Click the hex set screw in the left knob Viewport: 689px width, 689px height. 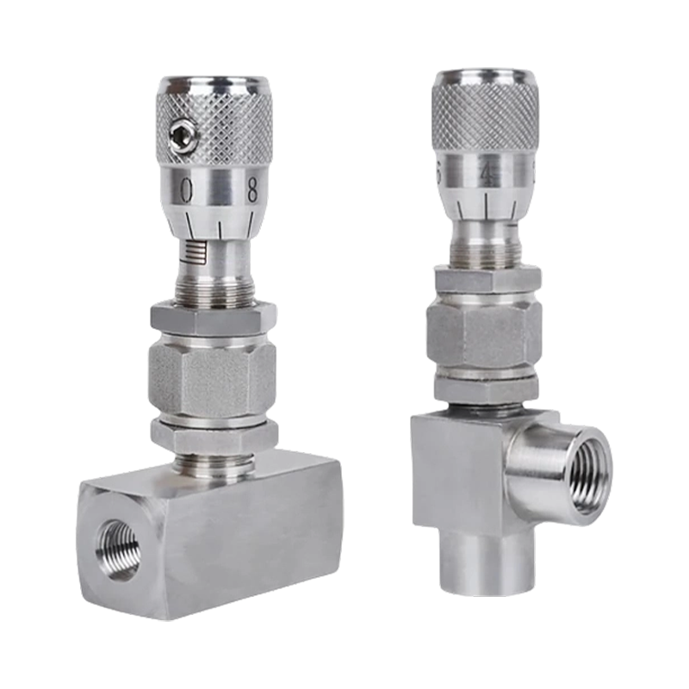click(x=180, y=133)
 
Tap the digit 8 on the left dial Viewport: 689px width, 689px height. click(x=252, y=190)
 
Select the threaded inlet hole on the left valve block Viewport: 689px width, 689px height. click(x=119, y=549)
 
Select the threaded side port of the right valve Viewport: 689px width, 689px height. click(x=581, y=473)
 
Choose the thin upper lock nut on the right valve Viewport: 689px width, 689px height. click(x=484, y=281)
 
